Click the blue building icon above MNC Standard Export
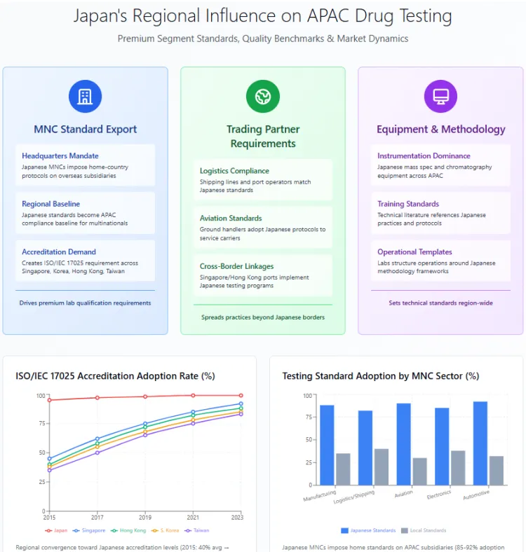tap(85, 97)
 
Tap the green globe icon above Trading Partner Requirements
tap(263, 97)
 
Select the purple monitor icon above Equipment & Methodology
tap(440, 97)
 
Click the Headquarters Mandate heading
tap(60, 156)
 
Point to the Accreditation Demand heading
tap(59, 251)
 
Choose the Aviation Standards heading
tap(231, 218)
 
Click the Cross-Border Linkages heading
tap(236, 266)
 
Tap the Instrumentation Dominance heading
tap(424, 156)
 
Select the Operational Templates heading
tap(414, 251)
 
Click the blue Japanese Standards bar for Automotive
tap(480, 443)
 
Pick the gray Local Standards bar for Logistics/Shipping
tap(382, 467)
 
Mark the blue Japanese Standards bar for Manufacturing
tap(327, 445)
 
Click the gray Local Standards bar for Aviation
tap(420, 471)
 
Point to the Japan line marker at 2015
tap(49, 400)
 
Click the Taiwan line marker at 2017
tap(97, 453)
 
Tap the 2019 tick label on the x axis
tap(145, 517)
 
